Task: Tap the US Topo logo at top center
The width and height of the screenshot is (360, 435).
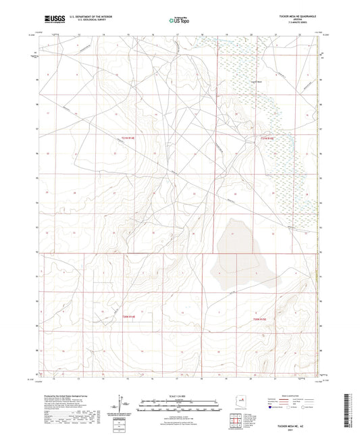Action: (x=178, y=20)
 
